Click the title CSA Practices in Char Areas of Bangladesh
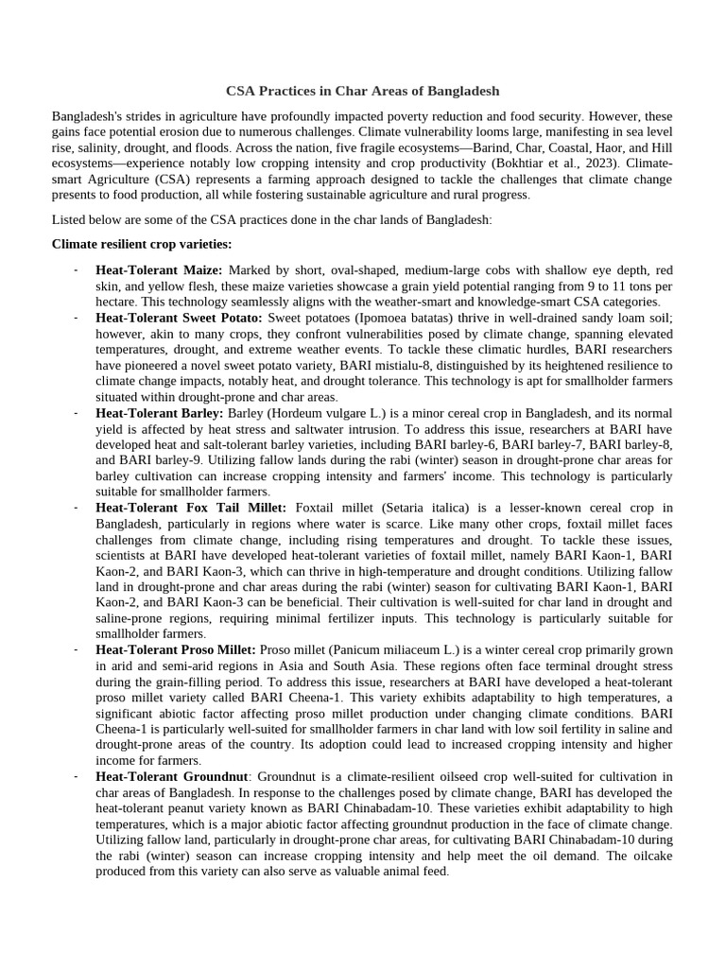pyautogui.click(x=362, y=92)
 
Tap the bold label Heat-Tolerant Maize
pyautogui.click(x=159, y=270)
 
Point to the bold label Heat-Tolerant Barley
pyautogui.click(x=160, y=413)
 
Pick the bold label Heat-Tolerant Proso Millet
pyautogui.click(x=176, y=650)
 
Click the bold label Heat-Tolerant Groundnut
pyautogui.click(x=166, y=777)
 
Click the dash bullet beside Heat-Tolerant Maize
pyautogui.click(x=75, y=270)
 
